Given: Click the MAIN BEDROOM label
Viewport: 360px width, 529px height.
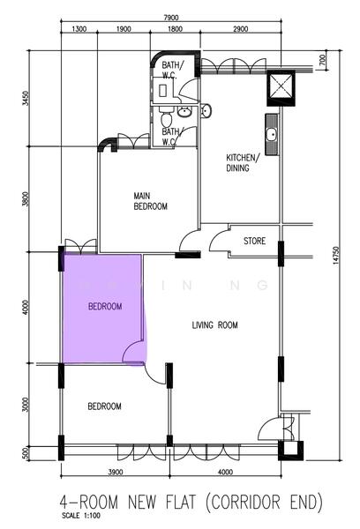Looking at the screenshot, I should pos(150,201).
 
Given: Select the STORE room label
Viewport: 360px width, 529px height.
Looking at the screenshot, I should pos(254,240).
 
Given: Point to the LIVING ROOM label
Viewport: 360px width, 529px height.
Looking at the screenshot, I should pos(215,325).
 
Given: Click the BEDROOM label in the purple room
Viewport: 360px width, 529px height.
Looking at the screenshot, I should pos(104,307).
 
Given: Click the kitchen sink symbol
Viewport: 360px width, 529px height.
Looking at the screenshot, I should pos(272,135).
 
